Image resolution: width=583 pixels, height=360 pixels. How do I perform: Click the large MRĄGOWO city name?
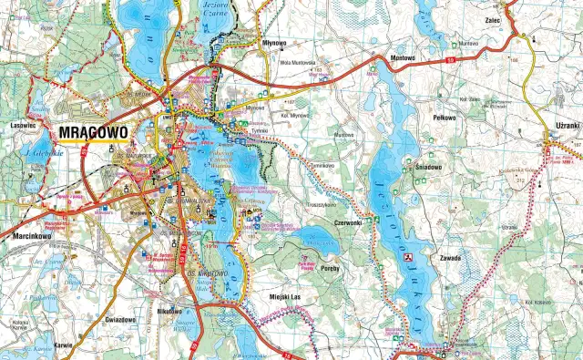coord(92,132)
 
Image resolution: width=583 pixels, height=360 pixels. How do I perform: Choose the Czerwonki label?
coord(348,221)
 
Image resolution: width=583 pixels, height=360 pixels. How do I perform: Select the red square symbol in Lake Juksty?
coord(408,258)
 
